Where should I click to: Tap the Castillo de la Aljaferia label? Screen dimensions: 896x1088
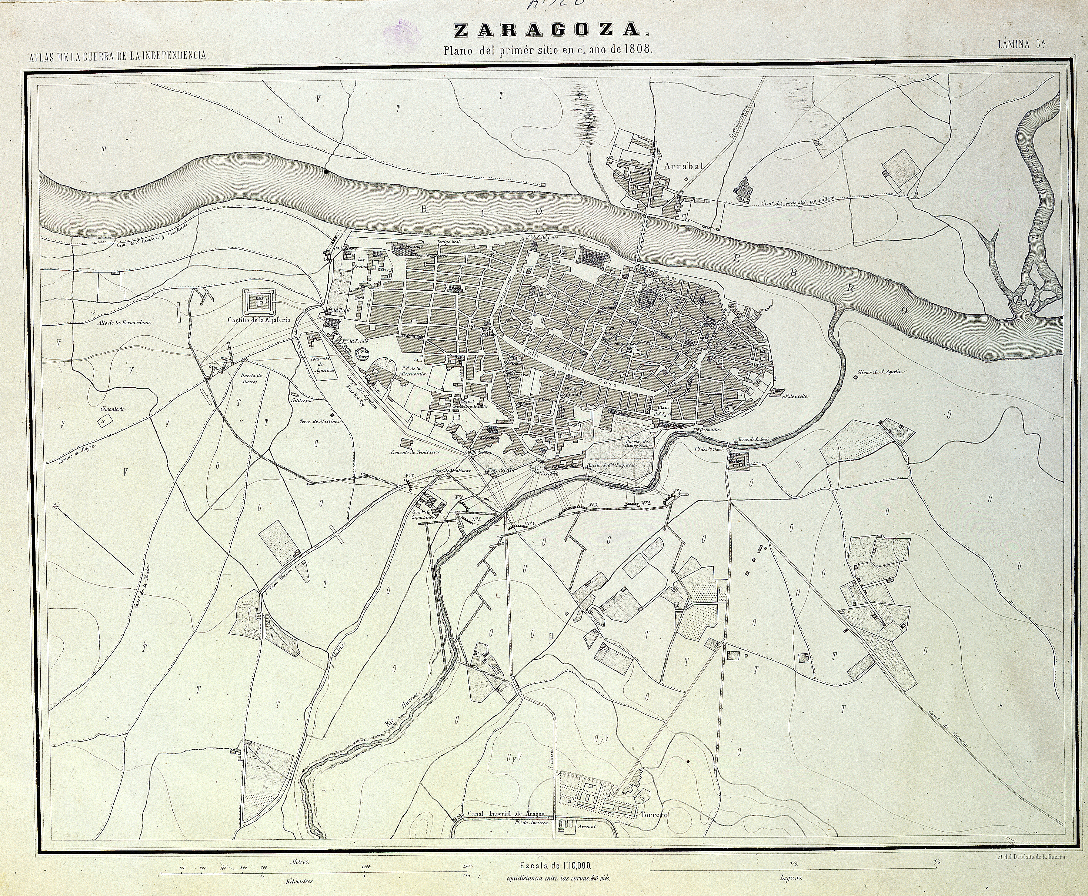[259, 320]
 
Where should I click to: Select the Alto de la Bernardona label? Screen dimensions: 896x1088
[124, 322]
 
